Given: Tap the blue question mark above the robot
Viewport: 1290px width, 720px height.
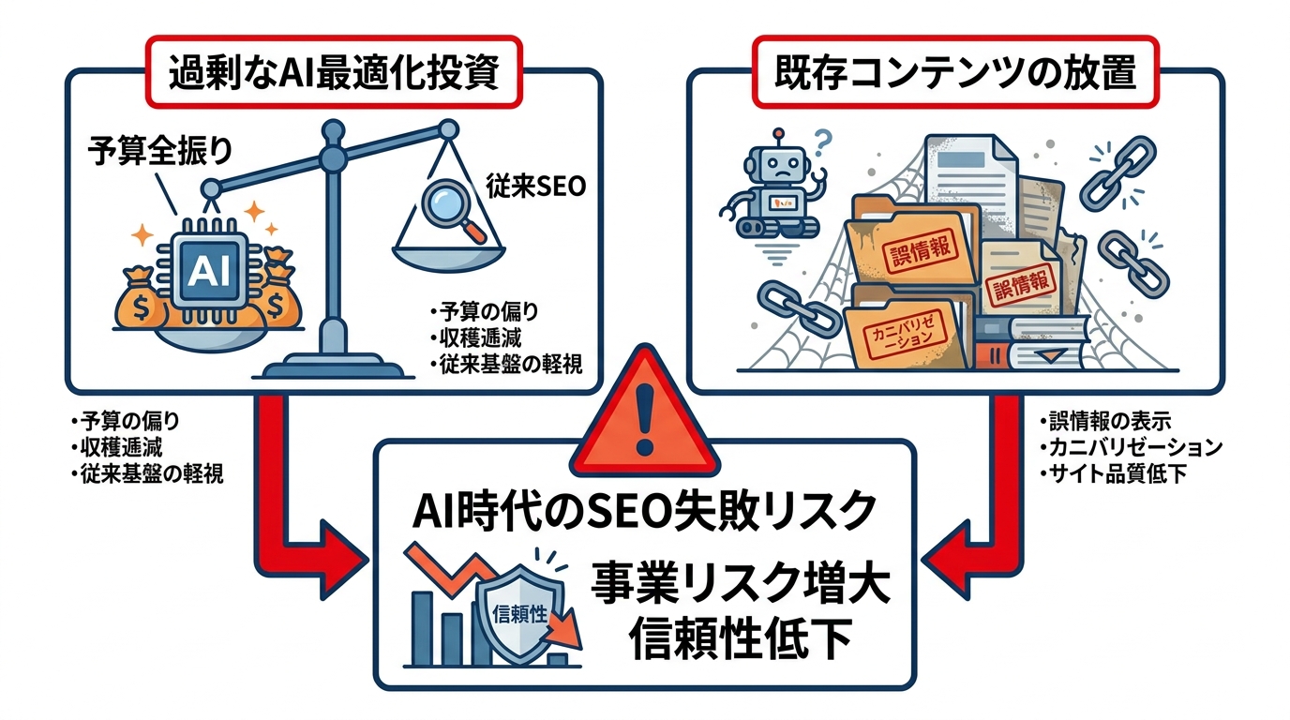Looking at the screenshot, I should [x=823, y=142].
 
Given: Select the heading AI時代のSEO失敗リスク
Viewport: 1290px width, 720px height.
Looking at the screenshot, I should [x=644, y=510].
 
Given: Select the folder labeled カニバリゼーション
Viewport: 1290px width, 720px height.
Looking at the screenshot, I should [x=901, y=333].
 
